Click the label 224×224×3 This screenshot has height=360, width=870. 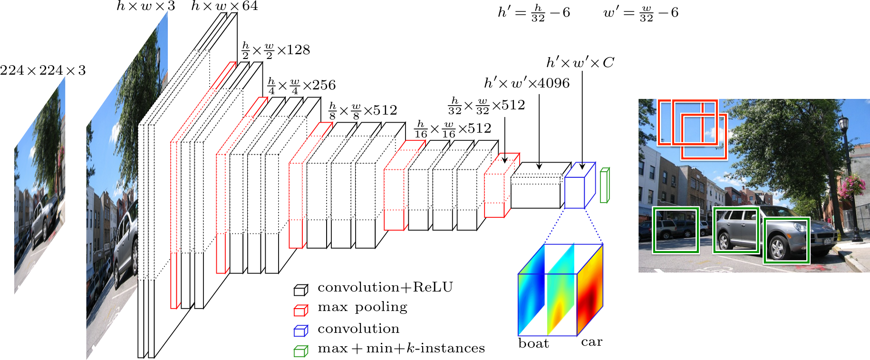pyautogui.click(x=43, y=70)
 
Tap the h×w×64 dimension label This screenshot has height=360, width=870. pyautogui.click(x=224, y=6)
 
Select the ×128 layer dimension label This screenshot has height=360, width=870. pyautogui.click(x=276, y=50)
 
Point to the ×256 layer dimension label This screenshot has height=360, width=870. pyautogui.click(x=302, y=86)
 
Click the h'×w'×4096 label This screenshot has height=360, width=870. pyautogui.click(x=527, y=84)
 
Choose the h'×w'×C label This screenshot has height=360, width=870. pyautogui.click(x=580, y=63)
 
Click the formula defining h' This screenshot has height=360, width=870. pyautogui.click(x=533, y=13)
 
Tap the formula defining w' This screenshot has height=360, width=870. pyautogui.click(x=641, y=13)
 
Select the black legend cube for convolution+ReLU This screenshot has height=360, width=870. pyautogui.click(x=300, y=290)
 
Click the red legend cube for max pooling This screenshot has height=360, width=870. pyautogui.click(x=300, y=310)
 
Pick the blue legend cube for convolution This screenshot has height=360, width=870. pyautogui.click(x=300, y=331)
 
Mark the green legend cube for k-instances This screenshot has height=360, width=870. pyautogui.click(x=300, y=351)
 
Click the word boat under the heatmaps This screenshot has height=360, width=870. pyautogui.click(x=533, y=344)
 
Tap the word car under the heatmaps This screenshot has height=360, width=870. pyautogui.click(x=591, y=342)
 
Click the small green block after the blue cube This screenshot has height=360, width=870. pyautogui.click(x=604, y=185)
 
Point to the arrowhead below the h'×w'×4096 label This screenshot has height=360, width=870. pyautogui.click(x=539, y=166)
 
